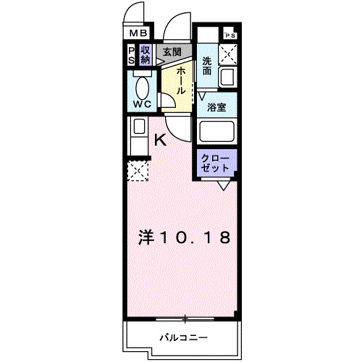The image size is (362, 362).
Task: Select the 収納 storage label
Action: [x=146, y=55]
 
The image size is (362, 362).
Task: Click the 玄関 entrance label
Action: [x=172, y=51]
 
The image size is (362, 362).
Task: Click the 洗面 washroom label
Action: [x=208, y=67]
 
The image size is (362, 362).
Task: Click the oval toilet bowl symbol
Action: [x=143, y=88]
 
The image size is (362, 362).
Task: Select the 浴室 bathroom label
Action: [x=216, y=107]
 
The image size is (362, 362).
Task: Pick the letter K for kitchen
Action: [x=161, y=140]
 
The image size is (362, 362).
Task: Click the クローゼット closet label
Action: [x=214, y=162]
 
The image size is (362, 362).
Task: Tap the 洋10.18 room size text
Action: [x=185, y=237]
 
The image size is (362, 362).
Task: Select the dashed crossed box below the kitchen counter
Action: [x=138, y=171]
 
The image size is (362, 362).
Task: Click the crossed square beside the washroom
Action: [x=231, y=54]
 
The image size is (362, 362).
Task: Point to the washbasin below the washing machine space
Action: [x=231, y=77]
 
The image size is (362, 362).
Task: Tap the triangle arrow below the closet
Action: [x=224, y=186]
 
